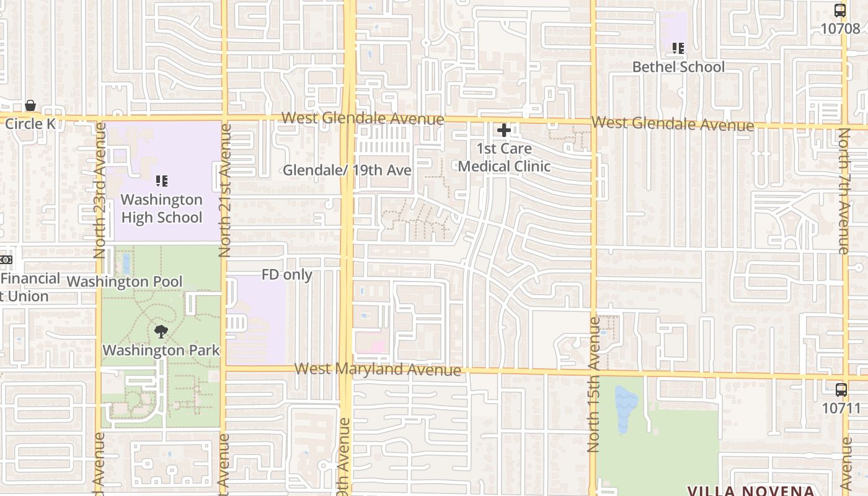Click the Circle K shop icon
pos(30,106)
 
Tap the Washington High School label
pos(161,208)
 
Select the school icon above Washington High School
pos(161,181)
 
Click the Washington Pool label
pos(125,281)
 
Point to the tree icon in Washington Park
pos(161,332)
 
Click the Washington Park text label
pos(161,350)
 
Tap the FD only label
pos(286,275)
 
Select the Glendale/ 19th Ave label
pos(347,170)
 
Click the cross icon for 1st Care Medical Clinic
pos(503,130)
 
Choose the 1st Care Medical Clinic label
pos(504,157)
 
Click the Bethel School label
pos(678,67)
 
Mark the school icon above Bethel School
pos(678,48)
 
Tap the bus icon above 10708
pos(840,11)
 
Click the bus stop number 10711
pos(841,409)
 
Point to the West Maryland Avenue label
pos(378,370)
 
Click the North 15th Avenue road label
pos(593,384)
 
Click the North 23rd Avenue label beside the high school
pos(99,190)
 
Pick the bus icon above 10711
pos(841,390)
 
